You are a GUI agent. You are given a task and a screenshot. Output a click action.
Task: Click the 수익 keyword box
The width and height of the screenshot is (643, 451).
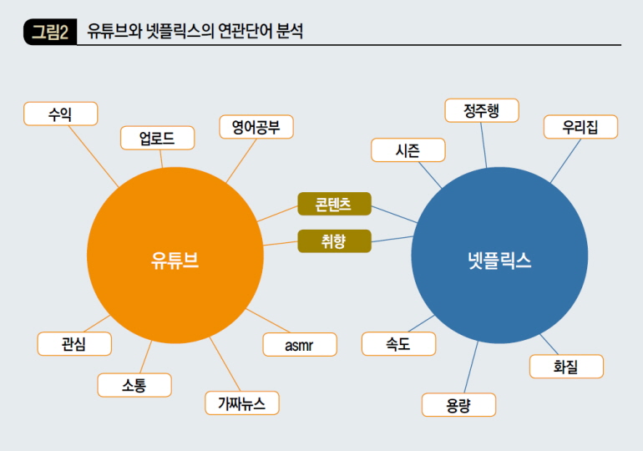click(x=61, y=114)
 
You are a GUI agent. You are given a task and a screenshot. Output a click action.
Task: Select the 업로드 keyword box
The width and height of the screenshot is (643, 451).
click(x=158, y=138)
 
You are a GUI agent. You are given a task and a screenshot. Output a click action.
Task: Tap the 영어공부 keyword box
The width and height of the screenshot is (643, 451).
click(x=256, y=127)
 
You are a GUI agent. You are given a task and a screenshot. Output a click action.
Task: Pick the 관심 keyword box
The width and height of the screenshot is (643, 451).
click(x=74, y=343)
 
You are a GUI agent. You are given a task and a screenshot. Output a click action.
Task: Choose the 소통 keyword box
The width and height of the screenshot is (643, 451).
click(x=134, y=385)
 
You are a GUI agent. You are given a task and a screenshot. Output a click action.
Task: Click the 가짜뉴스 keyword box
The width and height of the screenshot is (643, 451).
click(x=242, y=403)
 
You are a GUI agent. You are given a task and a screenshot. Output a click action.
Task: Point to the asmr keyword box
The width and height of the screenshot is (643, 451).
click(x=300, y=344)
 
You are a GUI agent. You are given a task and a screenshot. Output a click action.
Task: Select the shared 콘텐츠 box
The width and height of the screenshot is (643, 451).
click(x=334, y=204)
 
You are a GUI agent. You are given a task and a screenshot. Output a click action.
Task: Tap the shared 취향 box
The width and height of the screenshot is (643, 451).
click(x=334, y=241)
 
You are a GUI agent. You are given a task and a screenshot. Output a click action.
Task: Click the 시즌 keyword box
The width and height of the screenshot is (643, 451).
click(x=408, y=150)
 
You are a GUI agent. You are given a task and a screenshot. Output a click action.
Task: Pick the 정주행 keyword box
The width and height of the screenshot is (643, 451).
click(x=482, y=110)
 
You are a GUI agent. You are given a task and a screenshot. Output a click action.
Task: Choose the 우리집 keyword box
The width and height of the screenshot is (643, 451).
click(x=580, y=127)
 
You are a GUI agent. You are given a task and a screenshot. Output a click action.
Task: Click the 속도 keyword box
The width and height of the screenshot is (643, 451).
click(x=398, y=343)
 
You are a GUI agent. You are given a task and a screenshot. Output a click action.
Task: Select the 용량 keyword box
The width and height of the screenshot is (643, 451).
click(x=459, y=405)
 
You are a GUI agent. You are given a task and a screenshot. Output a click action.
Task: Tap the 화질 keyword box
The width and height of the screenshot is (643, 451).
click(x=566, y=366)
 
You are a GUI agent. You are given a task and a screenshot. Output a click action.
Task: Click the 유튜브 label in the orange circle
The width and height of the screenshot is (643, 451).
click(x=175, y=260)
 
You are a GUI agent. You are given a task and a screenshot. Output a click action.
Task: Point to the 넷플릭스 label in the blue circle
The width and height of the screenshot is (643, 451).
click(x=499, y=260)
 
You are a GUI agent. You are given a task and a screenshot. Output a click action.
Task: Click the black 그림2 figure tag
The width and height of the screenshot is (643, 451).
click(x=50, y=32)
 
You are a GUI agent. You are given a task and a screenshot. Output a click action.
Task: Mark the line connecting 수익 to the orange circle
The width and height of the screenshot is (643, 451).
click(x=94, y=156)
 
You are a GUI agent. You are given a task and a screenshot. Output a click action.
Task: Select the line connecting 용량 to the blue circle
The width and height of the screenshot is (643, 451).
click(x=471, y=367)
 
